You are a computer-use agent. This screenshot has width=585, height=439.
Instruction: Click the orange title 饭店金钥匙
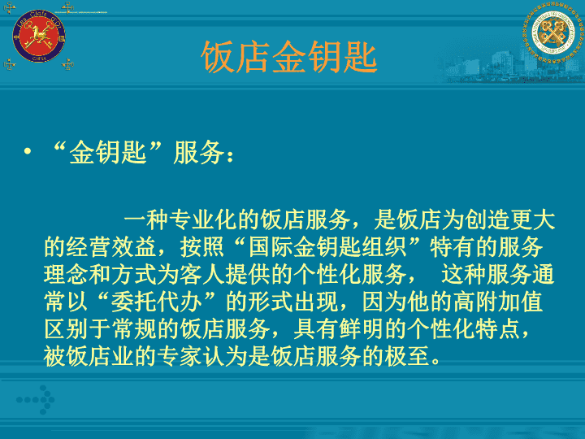coord(289,57)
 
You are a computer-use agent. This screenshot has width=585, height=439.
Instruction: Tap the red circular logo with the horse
coord(39,37)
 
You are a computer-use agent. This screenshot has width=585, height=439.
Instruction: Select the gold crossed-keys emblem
coord(553,32)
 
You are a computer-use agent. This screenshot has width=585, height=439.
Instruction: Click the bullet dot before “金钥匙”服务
coord(27,151)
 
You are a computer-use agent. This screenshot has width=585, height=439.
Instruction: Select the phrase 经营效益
coord(111,247)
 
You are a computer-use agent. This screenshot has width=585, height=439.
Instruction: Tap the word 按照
coord(202,247)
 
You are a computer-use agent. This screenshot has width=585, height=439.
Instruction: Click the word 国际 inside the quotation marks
coord(271,247)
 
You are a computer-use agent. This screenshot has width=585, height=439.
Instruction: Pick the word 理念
coord(66,275)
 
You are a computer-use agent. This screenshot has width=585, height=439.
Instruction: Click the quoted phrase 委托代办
coord(157,302)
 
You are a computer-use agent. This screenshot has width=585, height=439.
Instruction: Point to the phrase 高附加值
coord(498,302)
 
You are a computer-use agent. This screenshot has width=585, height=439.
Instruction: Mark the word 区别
coord(66,329)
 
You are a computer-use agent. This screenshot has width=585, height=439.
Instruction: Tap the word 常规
coord(134,329)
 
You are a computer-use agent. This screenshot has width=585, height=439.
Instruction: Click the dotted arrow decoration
coord(36,400)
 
